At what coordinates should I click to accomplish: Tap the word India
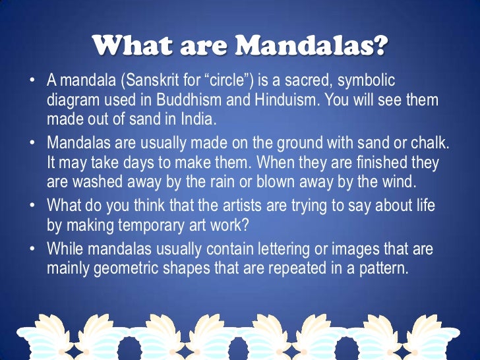[x=198, y=120]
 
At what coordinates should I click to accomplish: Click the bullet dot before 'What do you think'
[x=31, y=206]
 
